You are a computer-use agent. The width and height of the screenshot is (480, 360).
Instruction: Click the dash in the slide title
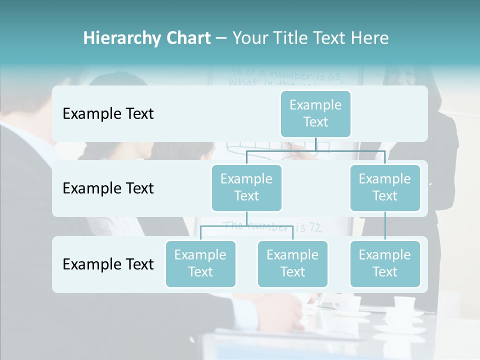[221, 38]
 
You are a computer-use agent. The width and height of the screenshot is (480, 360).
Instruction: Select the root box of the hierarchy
[315, 113]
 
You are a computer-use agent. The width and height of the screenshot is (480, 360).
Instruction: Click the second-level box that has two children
[246, 187]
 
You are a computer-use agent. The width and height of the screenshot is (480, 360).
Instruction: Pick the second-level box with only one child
[385, 187]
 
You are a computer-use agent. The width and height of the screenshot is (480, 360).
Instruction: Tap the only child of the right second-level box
[385, 263]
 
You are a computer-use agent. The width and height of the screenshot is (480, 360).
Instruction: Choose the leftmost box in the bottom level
[200, 263]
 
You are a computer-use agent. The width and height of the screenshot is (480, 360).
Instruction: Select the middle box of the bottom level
[292, 263]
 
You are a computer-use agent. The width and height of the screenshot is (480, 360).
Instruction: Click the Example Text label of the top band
[108, 114]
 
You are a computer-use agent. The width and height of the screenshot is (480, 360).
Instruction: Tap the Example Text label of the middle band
[108, 188]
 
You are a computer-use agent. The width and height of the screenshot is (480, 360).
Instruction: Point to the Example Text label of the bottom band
[108, 264]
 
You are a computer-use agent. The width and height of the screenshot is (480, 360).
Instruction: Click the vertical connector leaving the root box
[315, 144]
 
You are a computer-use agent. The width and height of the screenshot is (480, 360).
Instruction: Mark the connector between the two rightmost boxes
[385, 226]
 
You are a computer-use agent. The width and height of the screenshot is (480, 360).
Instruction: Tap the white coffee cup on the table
[404, 303]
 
